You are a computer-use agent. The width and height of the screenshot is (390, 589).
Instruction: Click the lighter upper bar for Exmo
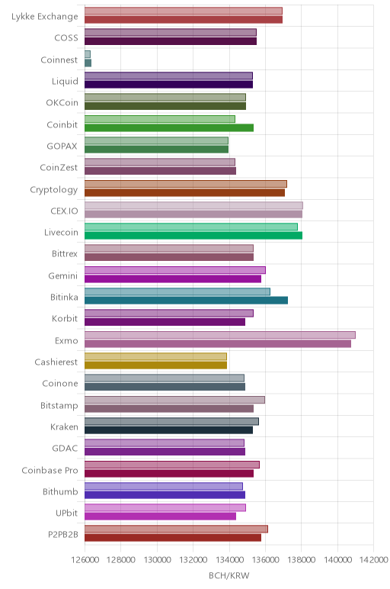(x=219, y=335)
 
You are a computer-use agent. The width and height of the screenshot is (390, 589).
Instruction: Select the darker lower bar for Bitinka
(x=186, y=300)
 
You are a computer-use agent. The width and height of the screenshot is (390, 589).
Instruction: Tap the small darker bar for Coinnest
(x=88, y=63)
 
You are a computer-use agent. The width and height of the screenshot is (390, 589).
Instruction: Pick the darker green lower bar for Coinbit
(x=169, y=127)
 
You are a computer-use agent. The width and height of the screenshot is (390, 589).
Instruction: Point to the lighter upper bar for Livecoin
(x=191, y=227)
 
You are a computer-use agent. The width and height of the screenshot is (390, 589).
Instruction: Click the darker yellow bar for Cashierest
(x=155, y=365)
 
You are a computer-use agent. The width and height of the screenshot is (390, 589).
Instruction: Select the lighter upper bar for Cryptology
(x=186, y=184)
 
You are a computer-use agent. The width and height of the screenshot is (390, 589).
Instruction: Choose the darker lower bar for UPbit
(x=160, y=517)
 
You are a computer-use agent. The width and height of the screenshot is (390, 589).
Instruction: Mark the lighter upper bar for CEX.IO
(x=194, y=205)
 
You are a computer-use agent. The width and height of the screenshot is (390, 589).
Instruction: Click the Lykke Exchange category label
(x=45, y=17)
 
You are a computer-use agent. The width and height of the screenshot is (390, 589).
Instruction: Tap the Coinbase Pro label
(x=50, y=470)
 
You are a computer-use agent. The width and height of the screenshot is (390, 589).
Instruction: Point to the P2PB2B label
(x=63, y=535)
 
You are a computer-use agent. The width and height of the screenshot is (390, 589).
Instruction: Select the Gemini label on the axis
(x=63, y=275)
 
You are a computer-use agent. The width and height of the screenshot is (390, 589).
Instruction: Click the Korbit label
(x=65, y=319)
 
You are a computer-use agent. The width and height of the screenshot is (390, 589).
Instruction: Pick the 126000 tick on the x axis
(x=85, y=560)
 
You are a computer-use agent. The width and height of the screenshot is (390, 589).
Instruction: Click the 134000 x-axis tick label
(x=229, y=560)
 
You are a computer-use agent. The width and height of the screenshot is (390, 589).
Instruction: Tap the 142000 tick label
(x=374, y=560)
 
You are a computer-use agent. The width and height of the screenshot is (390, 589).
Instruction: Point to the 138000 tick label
(x=302, y=560)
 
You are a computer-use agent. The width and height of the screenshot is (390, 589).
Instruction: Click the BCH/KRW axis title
(x=229, y=575)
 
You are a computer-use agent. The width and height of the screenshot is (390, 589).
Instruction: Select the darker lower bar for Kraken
(x=169, y=430)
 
